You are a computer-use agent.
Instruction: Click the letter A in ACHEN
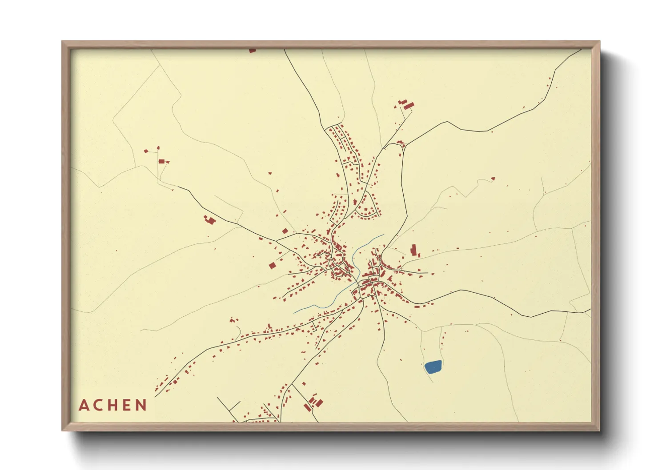tap(84, 405)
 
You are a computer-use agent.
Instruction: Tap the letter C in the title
tap(98, 405)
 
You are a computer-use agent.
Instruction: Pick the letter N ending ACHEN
tap(141, 405)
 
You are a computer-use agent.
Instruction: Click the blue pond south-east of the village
tap(433, 366)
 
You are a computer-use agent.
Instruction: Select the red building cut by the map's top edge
tap(253, 51)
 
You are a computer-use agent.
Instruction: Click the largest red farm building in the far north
tap(409, 106)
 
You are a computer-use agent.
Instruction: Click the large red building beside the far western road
tap(209, 219)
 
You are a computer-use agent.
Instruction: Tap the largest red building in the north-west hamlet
tap(162, 161)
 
